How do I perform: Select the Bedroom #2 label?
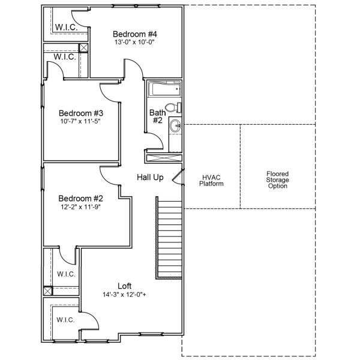81,199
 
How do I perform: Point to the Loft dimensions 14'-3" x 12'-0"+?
125,295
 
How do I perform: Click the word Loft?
125,286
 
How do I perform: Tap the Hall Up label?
150,178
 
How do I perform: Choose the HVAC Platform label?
212,181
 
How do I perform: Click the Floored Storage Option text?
278,180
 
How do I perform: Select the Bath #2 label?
157,116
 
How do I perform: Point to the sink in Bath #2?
175,127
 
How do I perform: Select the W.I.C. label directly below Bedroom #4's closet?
65,57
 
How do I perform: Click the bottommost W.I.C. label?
65,320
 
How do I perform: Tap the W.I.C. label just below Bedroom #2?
65,274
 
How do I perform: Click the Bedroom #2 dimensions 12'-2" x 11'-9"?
81,208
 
